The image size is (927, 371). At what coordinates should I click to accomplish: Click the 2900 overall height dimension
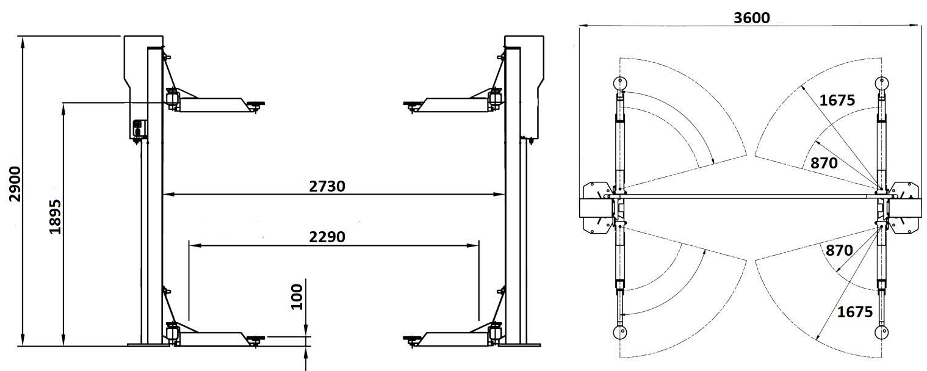(15, 184)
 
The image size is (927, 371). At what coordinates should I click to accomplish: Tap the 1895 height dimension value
(55, 217)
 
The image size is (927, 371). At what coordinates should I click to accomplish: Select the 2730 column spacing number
(327, 187)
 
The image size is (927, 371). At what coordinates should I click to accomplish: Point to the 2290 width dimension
(327, 237)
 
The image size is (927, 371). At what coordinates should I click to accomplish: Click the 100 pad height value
(297, 297)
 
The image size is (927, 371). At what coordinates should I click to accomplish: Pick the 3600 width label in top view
(751, 18)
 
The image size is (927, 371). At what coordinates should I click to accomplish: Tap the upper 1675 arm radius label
(837, 100)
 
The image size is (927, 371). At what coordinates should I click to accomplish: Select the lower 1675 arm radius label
(854, 312)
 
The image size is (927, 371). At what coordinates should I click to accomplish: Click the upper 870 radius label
(824, 164)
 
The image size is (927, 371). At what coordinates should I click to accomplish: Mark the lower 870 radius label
(839, 250)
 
